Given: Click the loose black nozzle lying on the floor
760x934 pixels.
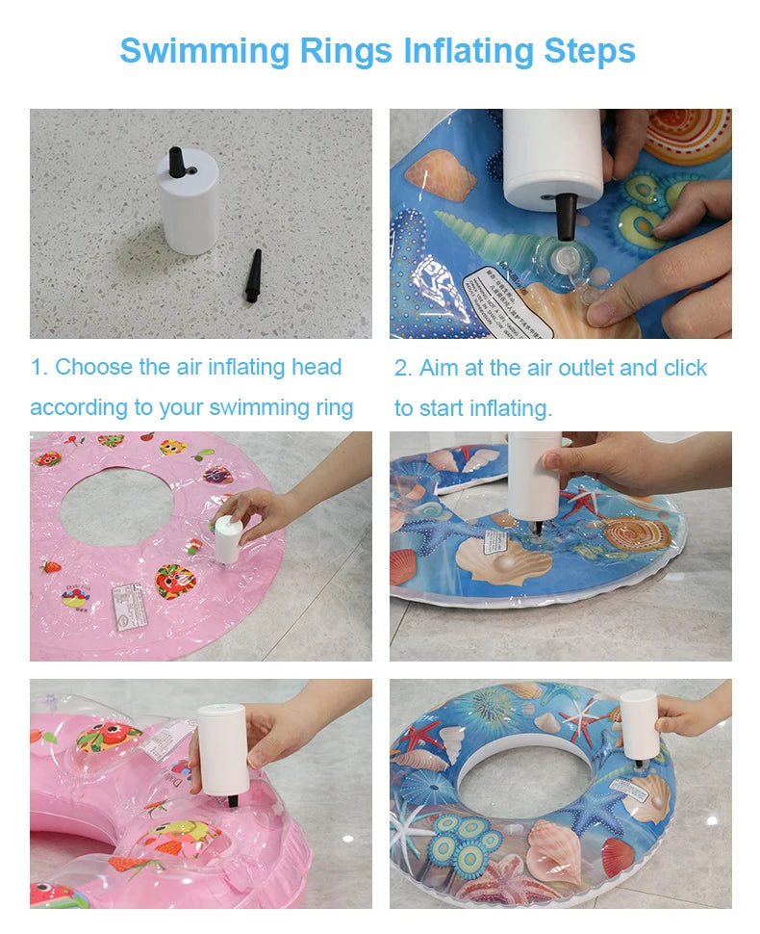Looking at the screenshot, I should [x=253, y=276].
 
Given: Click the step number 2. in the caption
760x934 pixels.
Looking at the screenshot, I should [x=403, y=368].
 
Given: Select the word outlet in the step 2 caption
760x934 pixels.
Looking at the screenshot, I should [x=589, y=368].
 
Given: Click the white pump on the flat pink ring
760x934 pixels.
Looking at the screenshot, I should [x=227, y=539].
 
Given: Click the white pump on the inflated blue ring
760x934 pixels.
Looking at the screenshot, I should [x=639, y=725].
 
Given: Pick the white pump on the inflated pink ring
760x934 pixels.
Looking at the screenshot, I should [x=222, y=751].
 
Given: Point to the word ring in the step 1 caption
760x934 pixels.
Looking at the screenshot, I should [x=334, y=407].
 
